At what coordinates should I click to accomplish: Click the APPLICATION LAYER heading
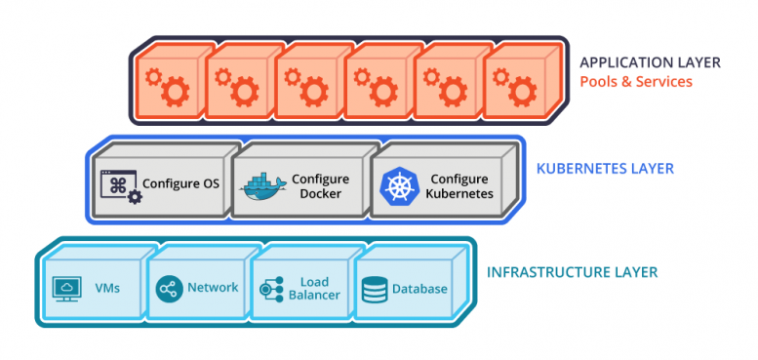[650, 62]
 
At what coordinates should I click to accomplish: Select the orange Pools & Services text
[636, 82]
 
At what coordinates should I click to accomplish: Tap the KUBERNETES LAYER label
[605, 169]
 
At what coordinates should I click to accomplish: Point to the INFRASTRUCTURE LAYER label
[572, 271]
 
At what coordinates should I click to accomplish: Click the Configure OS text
[180, 183]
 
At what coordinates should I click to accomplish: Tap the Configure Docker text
[320, 186]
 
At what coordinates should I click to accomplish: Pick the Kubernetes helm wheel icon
[398, 186]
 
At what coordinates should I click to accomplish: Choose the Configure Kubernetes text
[459, 186]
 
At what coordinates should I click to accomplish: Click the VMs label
[108, 289]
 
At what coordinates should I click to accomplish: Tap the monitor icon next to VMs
[67, 289]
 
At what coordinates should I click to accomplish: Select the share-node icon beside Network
[169, 289]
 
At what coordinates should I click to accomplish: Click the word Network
[213, 288]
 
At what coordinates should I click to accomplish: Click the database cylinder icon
[374, 290]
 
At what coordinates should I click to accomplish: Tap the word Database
[419, 289]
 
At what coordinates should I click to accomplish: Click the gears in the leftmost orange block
[165, 86]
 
